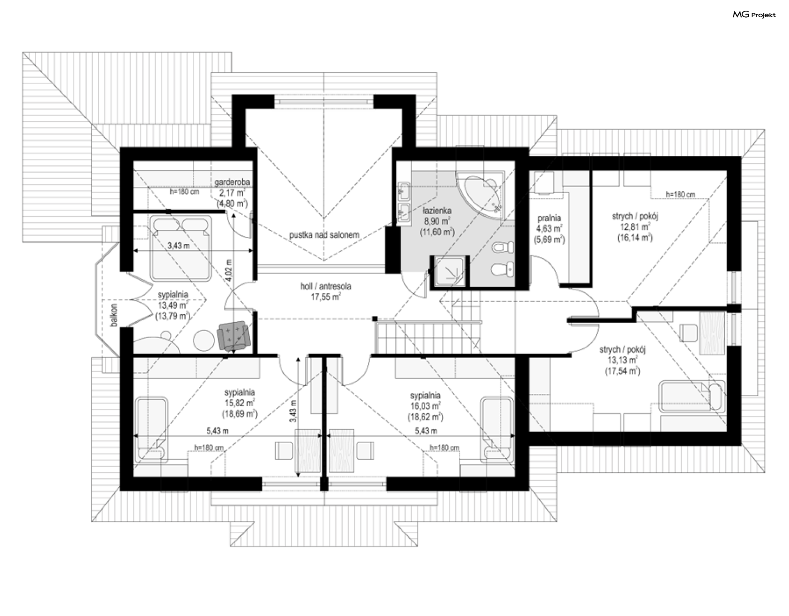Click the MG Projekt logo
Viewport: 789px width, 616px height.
click(754, 15)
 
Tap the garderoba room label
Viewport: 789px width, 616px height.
click(232, 182)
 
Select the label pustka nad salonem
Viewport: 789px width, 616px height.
click(324, 235)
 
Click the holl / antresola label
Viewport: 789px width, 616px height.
click(325, 286)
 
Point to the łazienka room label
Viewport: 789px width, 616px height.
click(437, 211)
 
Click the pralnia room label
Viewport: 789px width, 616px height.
click(549, 218)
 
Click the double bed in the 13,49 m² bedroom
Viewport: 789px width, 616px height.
click(181, 249)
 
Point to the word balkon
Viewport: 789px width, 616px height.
click(114, 315)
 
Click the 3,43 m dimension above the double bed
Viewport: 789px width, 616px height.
click(179, 245)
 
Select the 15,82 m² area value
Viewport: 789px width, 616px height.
click(240, 403)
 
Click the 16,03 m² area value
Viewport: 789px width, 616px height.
click(425, 406)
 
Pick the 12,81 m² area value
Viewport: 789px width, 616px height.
click(635, 227)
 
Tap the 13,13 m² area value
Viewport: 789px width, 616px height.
click(623, 360)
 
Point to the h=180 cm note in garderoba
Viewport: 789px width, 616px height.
click(185, 192)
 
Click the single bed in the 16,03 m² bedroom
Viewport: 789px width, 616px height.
click(497, 428)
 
